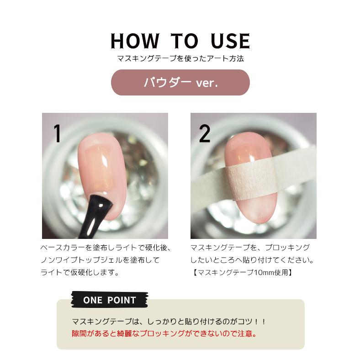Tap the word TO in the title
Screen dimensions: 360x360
coord(184,41)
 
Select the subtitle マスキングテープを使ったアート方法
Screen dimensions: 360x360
coord(180,58)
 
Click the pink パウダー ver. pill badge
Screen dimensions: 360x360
coord(180,83)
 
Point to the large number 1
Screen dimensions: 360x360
coord(57,133)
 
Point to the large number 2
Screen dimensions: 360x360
coord(205,133)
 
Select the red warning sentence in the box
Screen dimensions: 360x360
coord(164,333)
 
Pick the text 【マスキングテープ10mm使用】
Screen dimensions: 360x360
coord(241,273)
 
